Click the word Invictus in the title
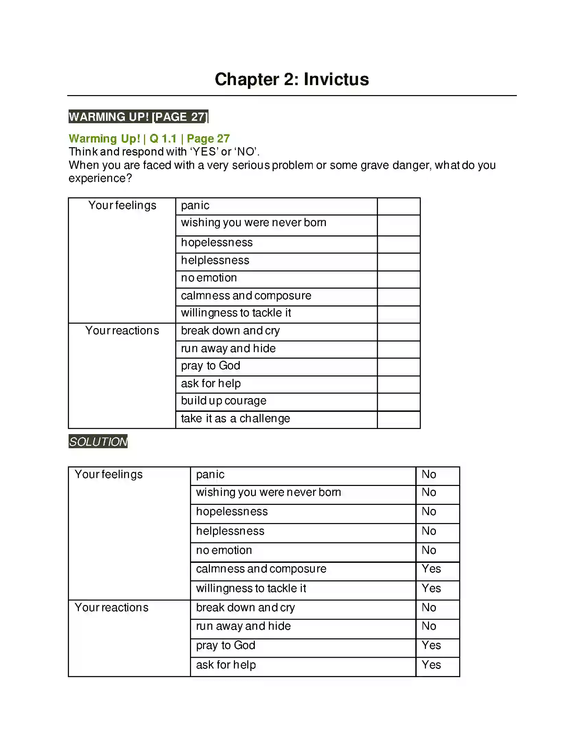(x=336, y=80)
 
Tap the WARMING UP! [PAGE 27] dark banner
(x=138, y=117)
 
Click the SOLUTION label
(x=98, y=441)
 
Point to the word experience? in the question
(x=100, y=178)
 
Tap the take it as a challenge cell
(x=235, y=419)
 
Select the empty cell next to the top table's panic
(x=398, y=206)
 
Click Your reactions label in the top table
(x=122, y=330)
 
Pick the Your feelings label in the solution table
(x=108, y=474)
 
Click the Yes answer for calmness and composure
(x=431, y=569)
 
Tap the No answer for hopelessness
(x=429, y=511)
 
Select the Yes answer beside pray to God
(x=431, y=645)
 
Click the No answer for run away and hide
(x=429, y=626)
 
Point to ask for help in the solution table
(x=226, y=665)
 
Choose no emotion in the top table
(x=209, y=278)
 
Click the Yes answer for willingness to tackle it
(x=431, y=588)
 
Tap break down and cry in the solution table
(x=245, y=607)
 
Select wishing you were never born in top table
(x=253, y=222)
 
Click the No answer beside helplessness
(x=429, y=531)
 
